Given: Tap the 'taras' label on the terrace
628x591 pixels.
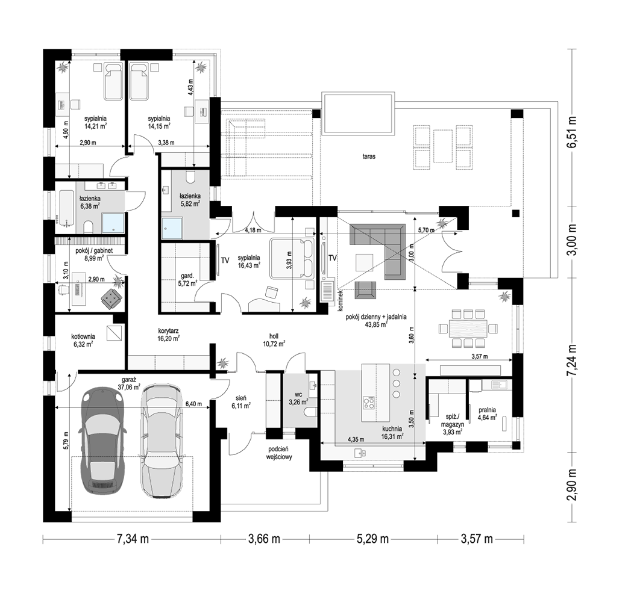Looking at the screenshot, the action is [x=369, y=156].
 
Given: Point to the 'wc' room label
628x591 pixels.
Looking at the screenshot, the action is [x=298, y=395].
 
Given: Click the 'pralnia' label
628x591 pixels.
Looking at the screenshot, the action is [x=487, y=410].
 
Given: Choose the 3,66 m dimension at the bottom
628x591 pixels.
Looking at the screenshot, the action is [x=264, y=539].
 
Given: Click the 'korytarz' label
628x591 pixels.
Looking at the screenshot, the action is [x=168, y=330].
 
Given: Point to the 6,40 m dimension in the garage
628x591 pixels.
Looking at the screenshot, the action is [x=193, y=404].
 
